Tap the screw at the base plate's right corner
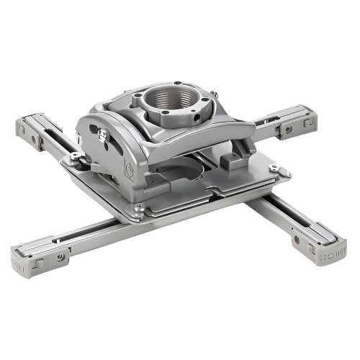tap(273, 168)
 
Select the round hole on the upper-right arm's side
tap(288, 130)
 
